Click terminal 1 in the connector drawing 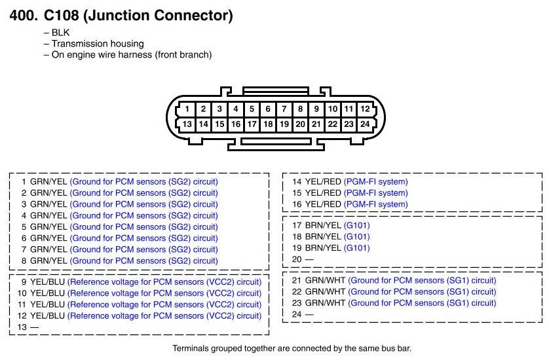click(x=187, y=109)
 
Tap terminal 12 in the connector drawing click(x=365, y=109)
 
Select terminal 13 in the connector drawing click(x=187, y=124)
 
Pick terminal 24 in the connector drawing click(x=365, y=124)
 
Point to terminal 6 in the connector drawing click(x=268, y=109)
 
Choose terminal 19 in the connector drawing click(x=284, y=124)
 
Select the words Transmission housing click(x=98, y=43)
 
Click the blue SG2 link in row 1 click(x=144, y=181)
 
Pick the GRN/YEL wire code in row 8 click(x=48, y=261)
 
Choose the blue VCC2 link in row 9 click(x=164, y=282)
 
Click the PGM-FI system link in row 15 click(x=375, y=193)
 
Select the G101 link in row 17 click(x=356, y=226)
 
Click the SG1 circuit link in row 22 click(x=422, y=292)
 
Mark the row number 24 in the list click(x=297, y=314)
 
